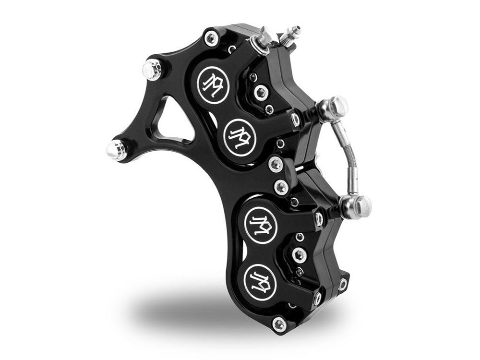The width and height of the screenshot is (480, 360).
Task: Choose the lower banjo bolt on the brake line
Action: tap(358, 206)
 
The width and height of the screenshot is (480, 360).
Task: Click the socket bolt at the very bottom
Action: tap(279, 325)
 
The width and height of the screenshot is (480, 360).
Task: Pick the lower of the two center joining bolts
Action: tap(282, 186)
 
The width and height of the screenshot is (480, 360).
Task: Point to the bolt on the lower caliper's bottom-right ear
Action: tap(343, 284)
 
